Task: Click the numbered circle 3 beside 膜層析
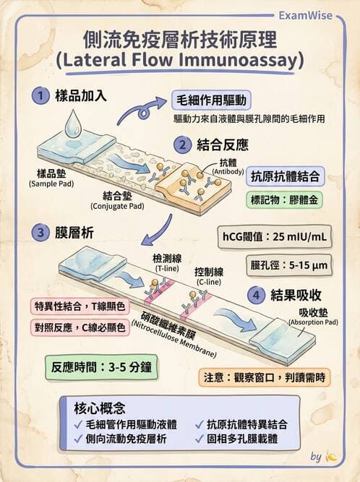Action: click(40, 233)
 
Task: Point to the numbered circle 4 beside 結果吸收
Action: click(254, 295)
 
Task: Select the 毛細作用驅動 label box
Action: click(210, 100)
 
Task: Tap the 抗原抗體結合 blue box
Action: click(285, 176)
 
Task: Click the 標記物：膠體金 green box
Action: click(285, 199)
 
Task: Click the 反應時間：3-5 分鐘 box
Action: click(98, 366)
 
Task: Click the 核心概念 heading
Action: click(100, 408)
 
